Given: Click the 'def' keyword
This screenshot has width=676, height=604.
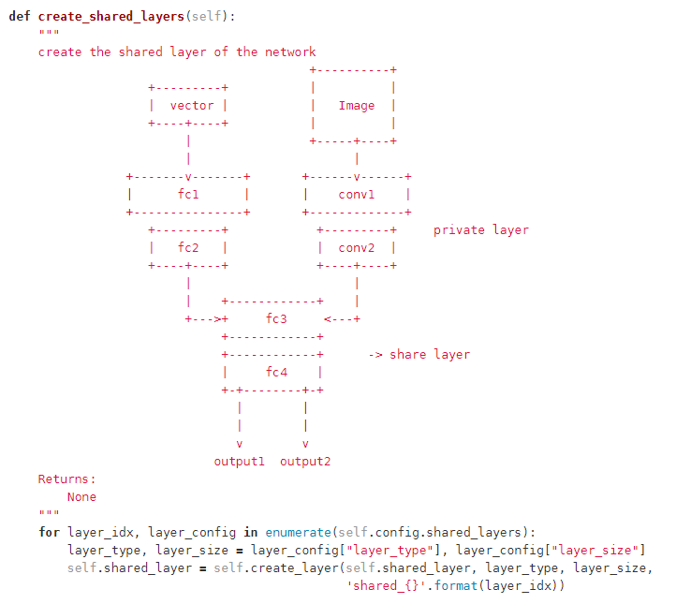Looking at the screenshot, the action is tap(20, 17).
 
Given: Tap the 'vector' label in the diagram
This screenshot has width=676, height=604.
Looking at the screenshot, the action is tap(191, 105).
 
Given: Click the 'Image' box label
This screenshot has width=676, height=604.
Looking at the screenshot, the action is tap(356, 105).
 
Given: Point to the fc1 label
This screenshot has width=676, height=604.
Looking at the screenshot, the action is tap(187, 194).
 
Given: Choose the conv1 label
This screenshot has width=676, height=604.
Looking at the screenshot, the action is tap(356, 194).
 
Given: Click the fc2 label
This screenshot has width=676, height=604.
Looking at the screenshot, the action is tap(187, 247).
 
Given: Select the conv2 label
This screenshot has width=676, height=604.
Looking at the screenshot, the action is tap(356, 247).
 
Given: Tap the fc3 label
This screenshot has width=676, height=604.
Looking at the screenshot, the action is tap(275, 318).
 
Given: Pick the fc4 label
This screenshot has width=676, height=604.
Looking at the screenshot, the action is tap(275, 372).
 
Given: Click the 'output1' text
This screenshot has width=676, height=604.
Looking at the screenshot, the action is tap(239, 461).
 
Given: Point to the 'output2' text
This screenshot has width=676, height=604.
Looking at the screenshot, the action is tap(304, 461).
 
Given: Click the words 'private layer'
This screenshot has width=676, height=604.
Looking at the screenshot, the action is tap(480, 229).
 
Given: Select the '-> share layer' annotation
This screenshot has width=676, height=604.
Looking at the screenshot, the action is tap(419, 354).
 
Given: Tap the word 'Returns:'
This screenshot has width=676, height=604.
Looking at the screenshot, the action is tap(66, 479).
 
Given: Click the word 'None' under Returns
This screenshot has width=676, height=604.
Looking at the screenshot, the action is tap(81, 496).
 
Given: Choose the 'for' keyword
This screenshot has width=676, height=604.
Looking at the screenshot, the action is tap(49, 532).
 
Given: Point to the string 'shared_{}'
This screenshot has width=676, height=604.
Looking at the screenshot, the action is tap(382, 585).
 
